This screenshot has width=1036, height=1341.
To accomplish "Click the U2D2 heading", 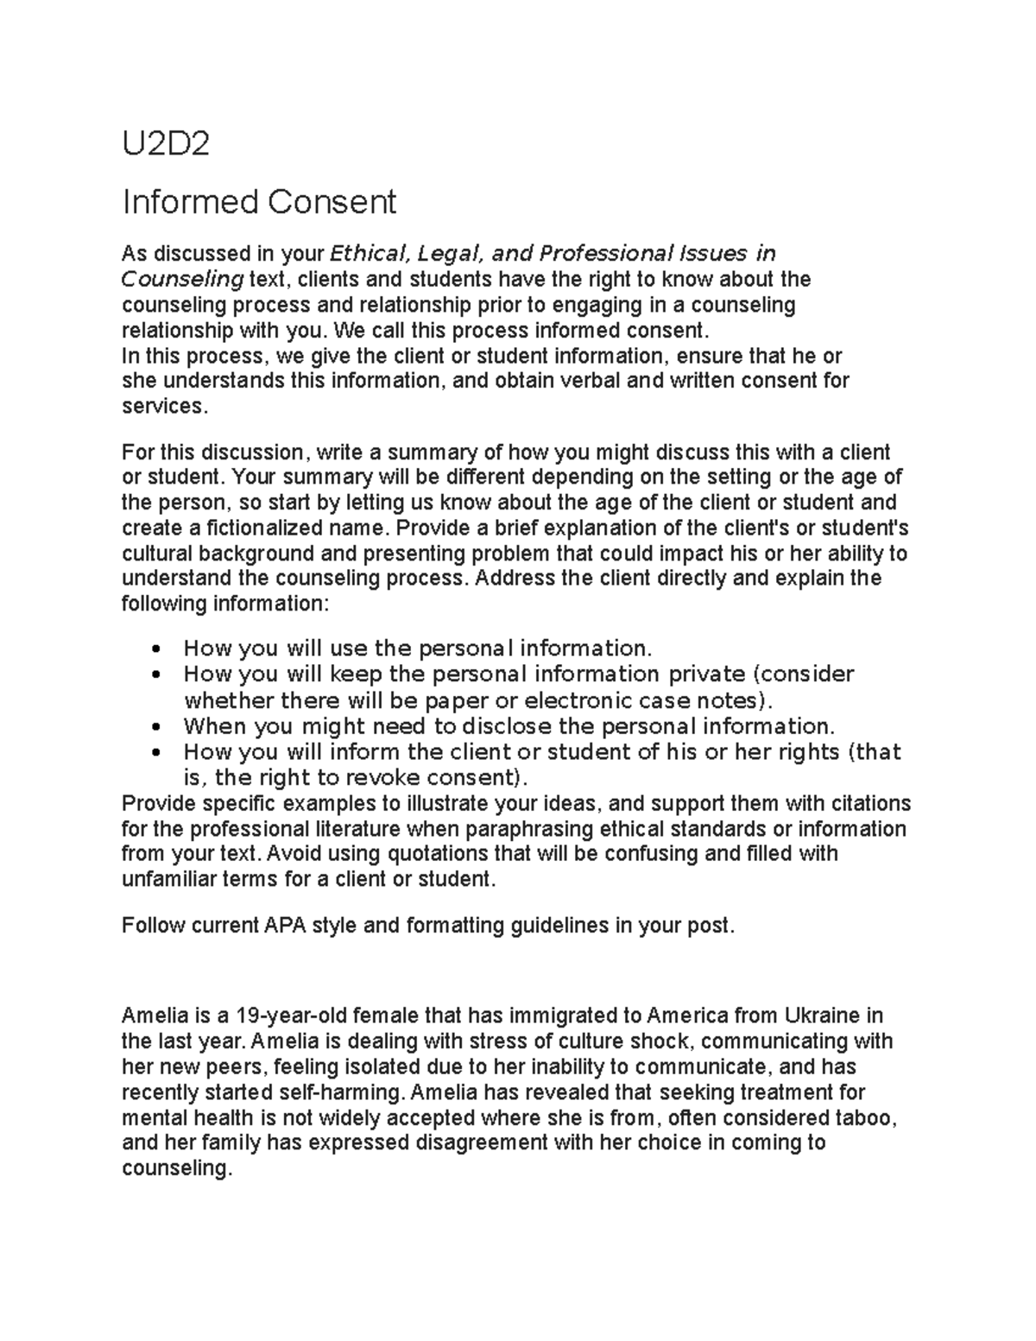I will coord(166,145).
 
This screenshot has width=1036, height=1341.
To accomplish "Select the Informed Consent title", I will coord(259,202).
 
